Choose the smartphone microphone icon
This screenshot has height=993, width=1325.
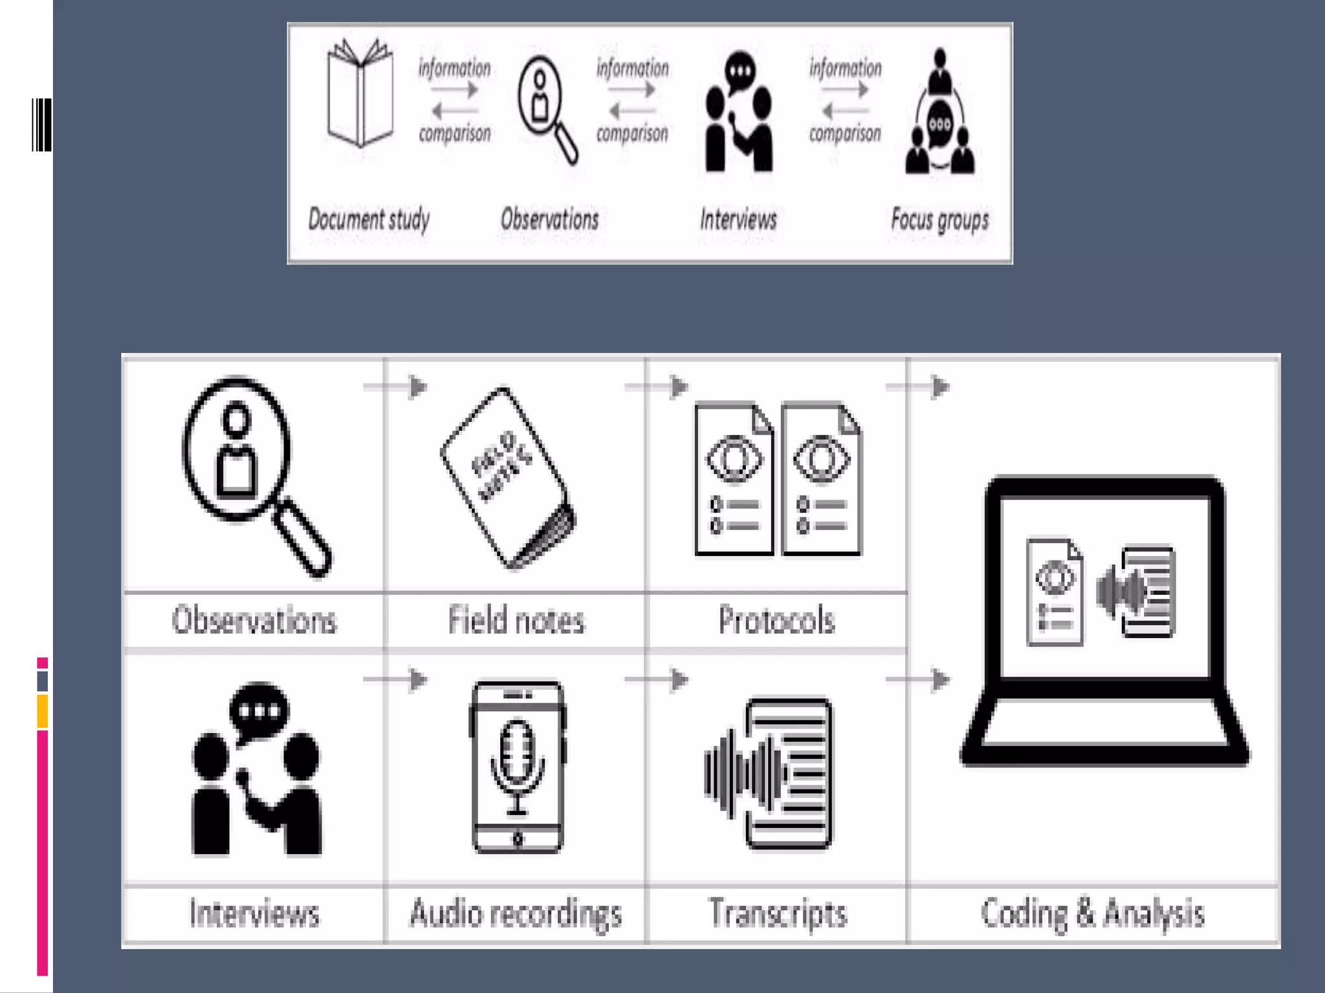517,767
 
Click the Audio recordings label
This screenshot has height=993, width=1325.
516,913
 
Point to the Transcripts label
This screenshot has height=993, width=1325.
777,913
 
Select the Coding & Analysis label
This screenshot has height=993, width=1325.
1092,913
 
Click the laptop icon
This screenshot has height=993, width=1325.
1104,621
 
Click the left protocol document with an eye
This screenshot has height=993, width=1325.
734,478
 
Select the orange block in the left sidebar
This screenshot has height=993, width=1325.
43,711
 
